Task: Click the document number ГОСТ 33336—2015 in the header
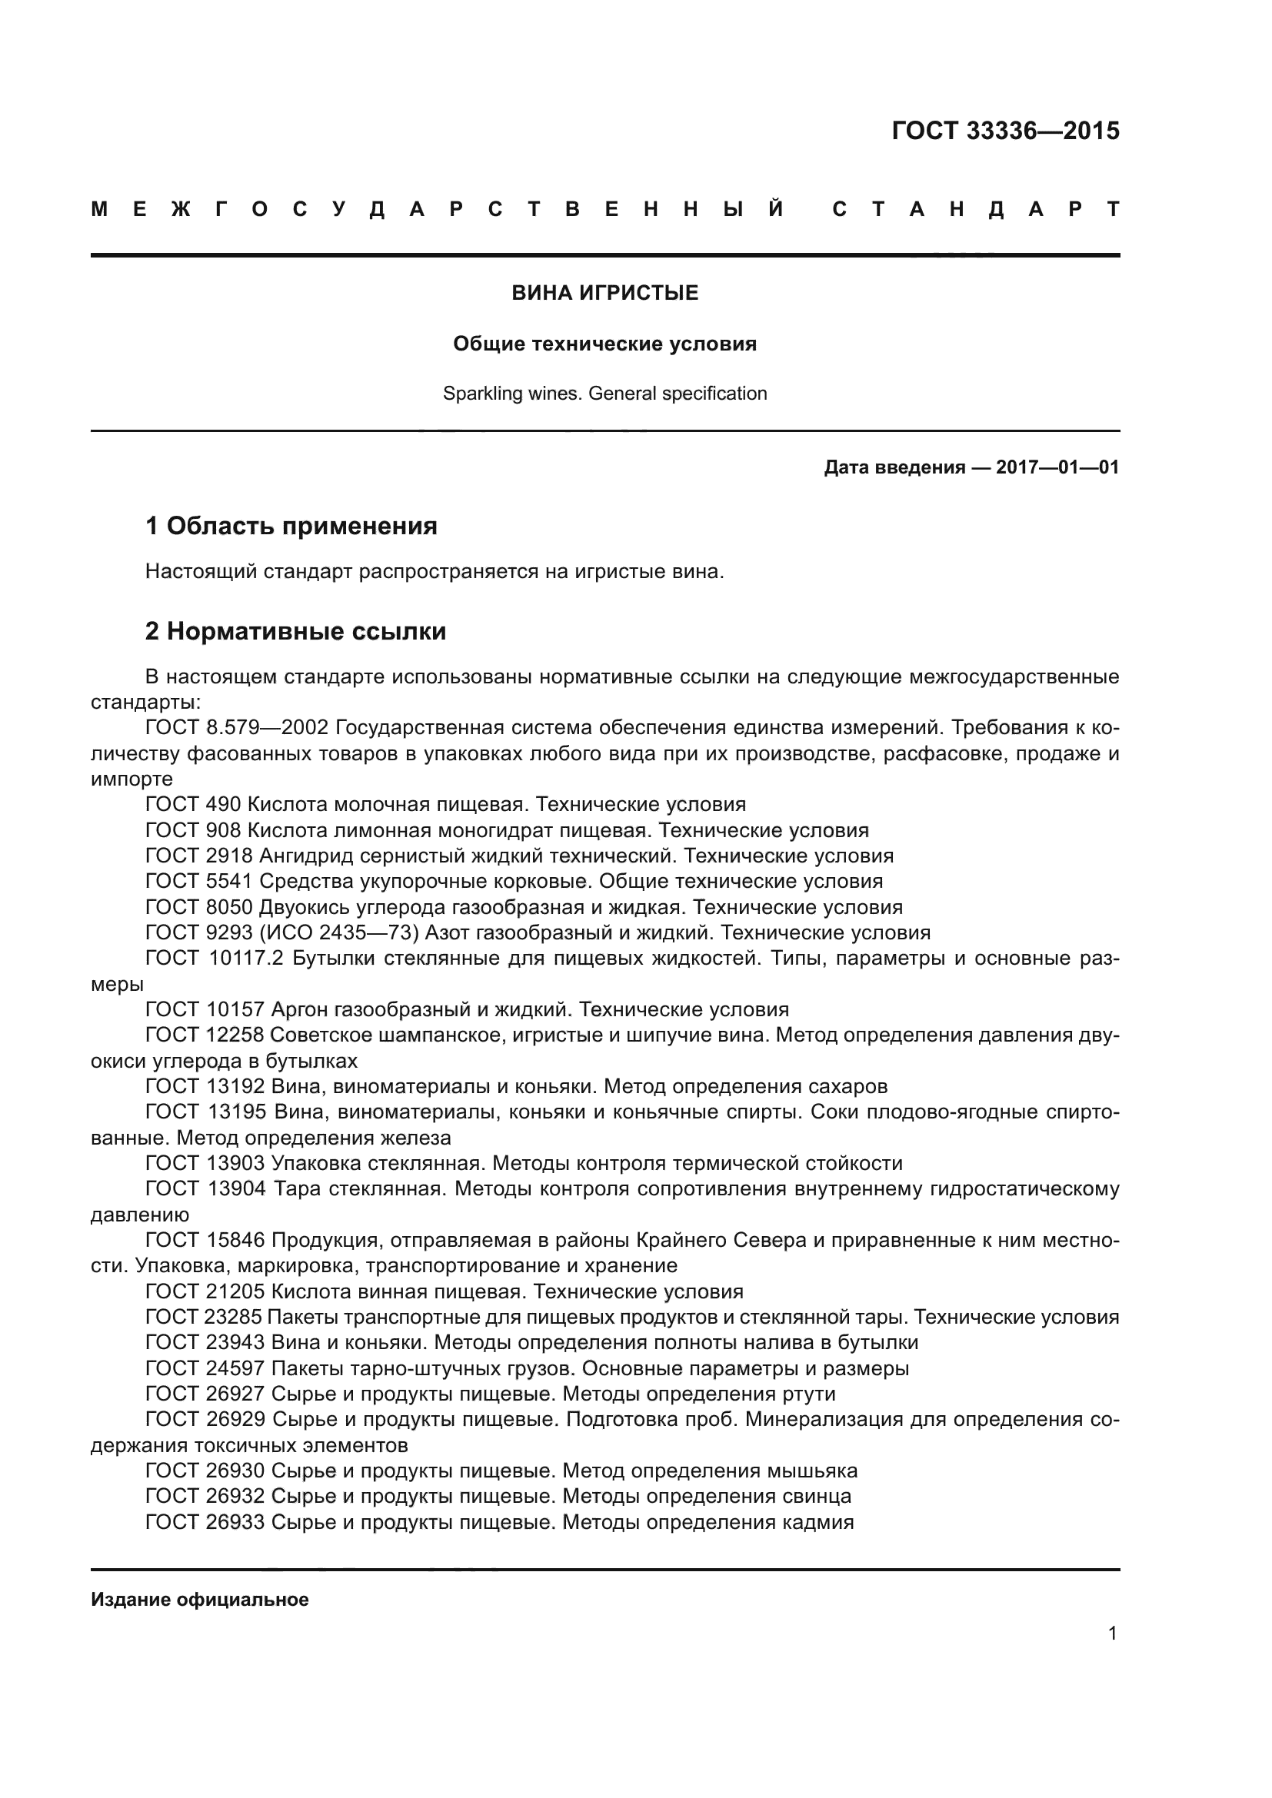[x=1005, y=131]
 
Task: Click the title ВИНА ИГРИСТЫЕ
[x=604, y=293]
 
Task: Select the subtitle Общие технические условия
[x=604, y=344]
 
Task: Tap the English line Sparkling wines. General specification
[x=604, y=393]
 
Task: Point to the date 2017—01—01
[x=1057, y=467]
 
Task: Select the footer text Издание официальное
[x=200, y=1600]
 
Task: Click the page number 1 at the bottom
[x=1112, y=1633]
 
